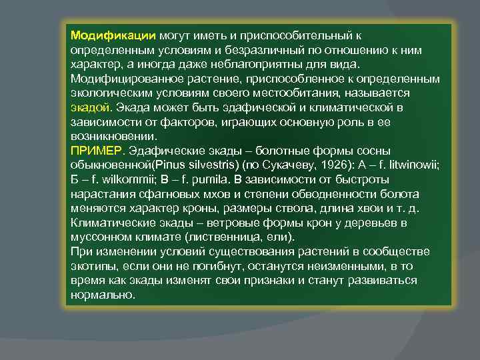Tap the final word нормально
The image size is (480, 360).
click(x=101, y=294)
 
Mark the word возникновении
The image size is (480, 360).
click(x=108, y=136)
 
